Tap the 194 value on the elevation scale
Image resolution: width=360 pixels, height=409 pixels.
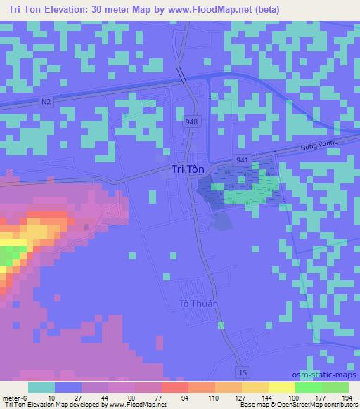click(x=345, y=397)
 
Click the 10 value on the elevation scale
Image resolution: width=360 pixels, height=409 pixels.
click(x=42, y=397)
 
